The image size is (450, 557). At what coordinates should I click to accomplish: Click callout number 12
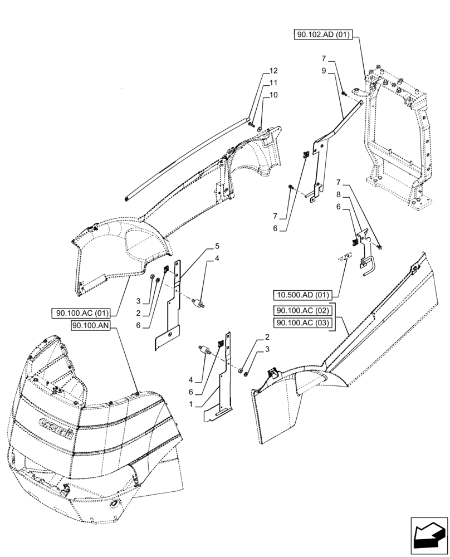[273, 71]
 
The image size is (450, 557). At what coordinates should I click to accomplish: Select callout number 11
[273, 83]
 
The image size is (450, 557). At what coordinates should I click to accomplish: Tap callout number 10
[273, 95]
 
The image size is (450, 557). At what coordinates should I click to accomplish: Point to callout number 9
[324, 71]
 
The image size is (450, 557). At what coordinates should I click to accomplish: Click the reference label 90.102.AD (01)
[322, 35]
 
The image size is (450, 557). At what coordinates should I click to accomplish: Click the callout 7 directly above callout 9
[324, 58]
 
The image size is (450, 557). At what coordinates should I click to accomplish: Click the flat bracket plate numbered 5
[172, 312]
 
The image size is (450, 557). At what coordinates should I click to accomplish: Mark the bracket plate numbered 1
[223, 384]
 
